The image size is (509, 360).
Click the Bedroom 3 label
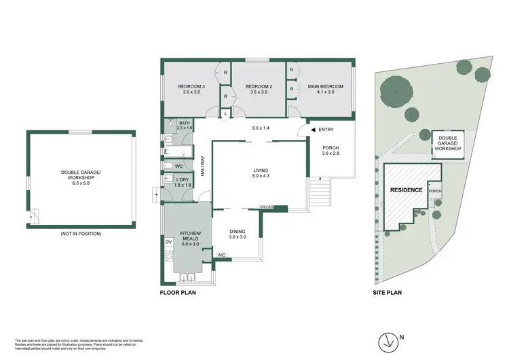point(191,90)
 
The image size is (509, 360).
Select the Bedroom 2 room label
point(258,90)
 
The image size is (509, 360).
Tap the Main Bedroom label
point(326,90)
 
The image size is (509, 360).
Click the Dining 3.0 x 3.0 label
point(238,234)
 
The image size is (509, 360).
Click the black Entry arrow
point(313,130)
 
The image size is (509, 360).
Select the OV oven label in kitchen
point(168,242)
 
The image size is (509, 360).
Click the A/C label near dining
point(221,255)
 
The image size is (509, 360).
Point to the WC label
point(178,166)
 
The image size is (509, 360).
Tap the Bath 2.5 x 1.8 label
point(185,125)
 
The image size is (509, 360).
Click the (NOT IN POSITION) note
point(80,234)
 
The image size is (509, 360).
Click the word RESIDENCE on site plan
point(406,190)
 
